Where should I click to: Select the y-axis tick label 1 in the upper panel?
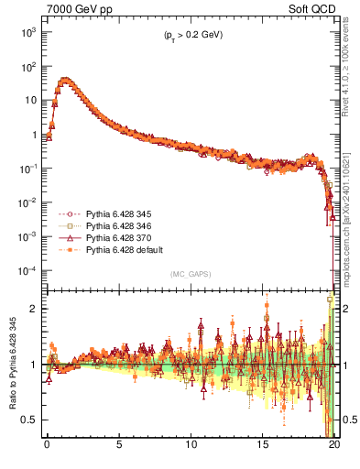pos(33,135)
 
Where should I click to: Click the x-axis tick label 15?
pos(264,449)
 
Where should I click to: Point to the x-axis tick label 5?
pos(119,449)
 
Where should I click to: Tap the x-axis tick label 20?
pos(335,449)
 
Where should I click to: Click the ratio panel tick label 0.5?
pos(29,420)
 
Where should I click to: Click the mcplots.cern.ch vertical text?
pos(350,220)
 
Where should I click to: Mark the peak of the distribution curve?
pos(64,80)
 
